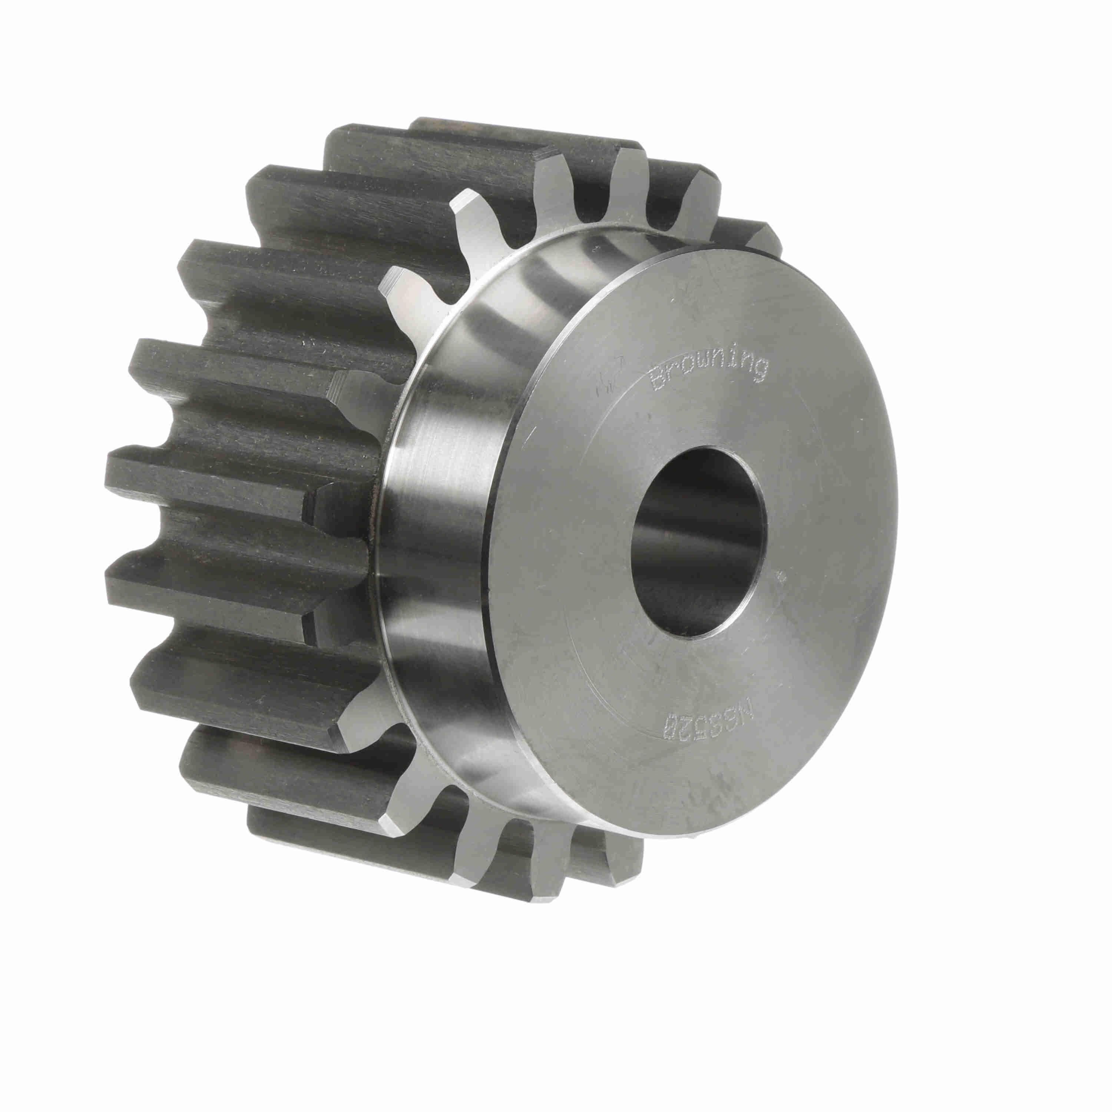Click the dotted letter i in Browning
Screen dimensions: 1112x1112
[x=732, y=360]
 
